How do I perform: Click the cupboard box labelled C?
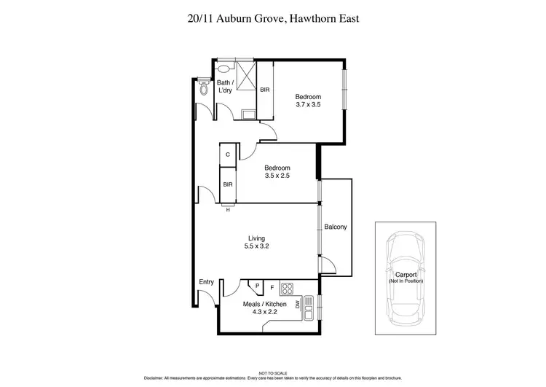(x=228, y=155)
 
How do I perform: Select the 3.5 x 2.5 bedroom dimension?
(x=277, y=176)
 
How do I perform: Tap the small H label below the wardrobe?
(x=228, y=211)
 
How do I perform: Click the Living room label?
(x=256, y=238)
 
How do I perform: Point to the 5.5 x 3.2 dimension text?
(x=256, y=246)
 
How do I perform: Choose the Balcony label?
(x=336, y=227)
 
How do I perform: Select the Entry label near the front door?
(x=207, y=283)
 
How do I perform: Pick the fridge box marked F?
(x=272, y=286)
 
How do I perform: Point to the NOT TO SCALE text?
(x=273, y=372)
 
